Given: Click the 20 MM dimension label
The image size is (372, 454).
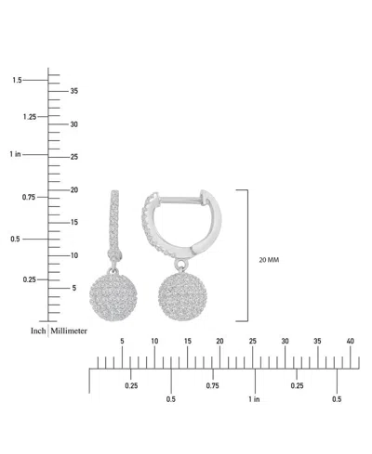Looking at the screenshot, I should [x=268, y=260].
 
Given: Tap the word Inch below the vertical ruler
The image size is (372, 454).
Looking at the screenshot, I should [x=38, y=330].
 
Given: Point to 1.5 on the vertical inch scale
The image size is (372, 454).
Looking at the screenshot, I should [x=17, y=81].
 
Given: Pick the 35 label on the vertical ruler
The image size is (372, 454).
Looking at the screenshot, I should [x=74, y=90].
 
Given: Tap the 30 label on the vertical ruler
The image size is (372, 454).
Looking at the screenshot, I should [x=74, y=123].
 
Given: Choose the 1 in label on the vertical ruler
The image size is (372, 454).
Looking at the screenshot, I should [x=16, y=154].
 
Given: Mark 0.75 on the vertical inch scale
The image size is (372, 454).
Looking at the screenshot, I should [x=29, y=197].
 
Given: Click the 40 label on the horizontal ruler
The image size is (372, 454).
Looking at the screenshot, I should [x=350, y=342].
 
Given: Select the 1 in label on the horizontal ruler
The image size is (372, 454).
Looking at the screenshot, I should [x=254, y=399].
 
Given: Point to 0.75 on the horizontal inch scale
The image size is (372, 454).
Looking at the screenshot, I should [x=213, y=385].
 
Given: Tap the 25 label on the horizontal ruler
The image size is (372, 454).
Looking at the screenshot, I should [x=252, y=342].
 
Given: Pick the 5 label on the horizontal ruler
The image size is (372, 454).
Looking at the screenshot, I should [x=122, y=342].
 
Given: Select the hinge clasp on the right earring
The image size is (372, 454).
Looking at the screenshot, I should [x=206, y=200].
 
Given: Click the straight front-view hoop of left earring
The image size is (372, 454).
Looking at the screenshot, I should [x=117, y=219].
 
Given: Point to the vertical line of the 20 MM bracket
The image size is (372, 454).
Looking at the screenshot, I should [x=247, y=254].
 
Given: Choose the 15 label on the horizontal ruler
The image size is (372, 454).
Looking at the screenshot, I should [x=187, y=342].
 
